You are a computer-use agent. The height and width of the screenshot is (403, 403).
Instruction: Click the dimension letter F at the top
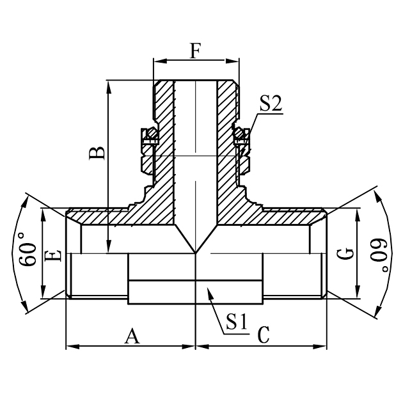tap(196, 51)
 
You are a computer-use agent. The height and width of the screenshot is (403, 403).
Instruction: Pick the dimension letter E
tap(55, 255)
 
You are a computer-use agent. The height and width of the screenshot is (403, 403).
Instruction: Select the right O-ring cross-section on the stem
tap(241, 135)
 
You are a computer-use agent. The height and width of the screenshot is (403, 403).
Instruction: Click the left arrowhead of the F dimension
tap(157, 62)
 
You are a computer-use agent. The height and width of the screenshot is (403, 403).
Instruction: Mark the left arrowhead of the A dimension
tap(70, 347)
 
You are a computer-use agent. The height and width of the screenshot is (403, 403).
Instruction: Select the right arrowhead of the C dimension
tap(323, 347)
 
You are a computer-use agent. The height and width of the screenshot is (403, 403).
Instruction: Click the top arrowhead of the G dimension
tap(357, 212)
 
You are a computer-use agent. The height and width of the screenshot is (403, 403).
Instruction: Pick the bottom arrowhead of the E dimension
tap(43, 294)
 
